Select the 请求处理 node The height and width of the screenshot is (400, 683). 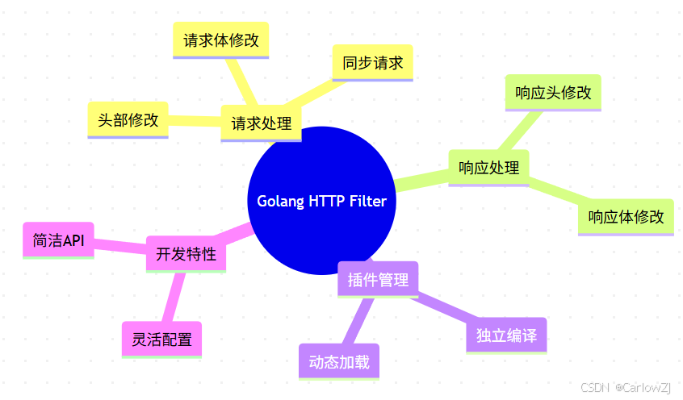pyautogui.click(x=261, y=124)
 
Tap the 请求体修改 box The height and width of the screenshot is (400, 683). pyautogui.click(x=221, y=40)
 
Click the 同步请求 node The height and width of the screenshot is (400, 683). pyautogui.click(x=372, y=63)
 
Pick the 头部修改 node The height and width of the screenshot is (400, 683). pyautogui.click(x=128, y=120)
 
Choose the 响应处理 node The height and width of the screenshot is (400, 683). pyautogui.click(x=488, y=168)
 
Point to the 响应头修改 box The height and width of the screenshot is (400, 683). pyautogui.click(x=553, y=93)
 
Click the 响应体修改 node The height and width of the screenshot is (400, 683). pyautogui.click(x=626, y=217)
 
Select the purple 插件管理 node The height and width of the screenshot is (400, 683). pyautogui.click(x=377, y=280)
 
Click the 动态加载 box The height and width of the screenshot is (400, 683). pyautogui.click(x=338, y=361)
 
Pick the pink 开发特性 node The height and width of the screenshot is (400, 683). pyautogui.click(x=186, y=254)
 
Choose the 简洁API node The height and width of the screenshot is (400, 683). pyautogui.click(x=58, y=240)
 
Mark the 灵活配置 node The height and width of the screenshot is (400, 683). pyautogui.click(x=161, y=340)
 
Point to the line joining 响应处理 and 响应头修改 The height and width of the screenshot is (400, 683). pyautogui.click(x=522, y=130)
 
